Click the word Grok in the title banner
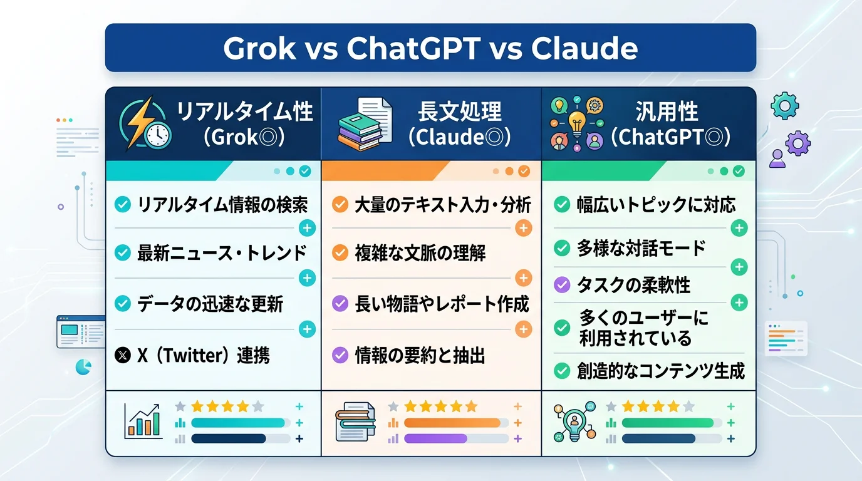[259, 48]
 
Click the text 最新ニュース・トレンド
[222, 253]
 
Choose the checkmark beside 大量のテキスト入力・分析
[340, 204]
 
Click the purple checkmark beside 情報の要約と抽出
[340, 356]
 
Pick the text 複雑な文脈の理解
[420, 253]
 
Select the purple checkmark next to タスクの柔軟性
[562, 285]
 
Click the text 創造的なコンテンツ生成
[660, 371]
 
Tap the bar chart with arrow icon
[142, 420]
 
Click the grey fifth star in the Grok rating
[257, 406]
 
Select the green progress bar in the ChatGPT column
[667, 423]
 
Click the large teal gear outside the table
[784, 106]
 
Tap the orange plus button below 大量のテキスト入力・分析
[523, 228]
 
